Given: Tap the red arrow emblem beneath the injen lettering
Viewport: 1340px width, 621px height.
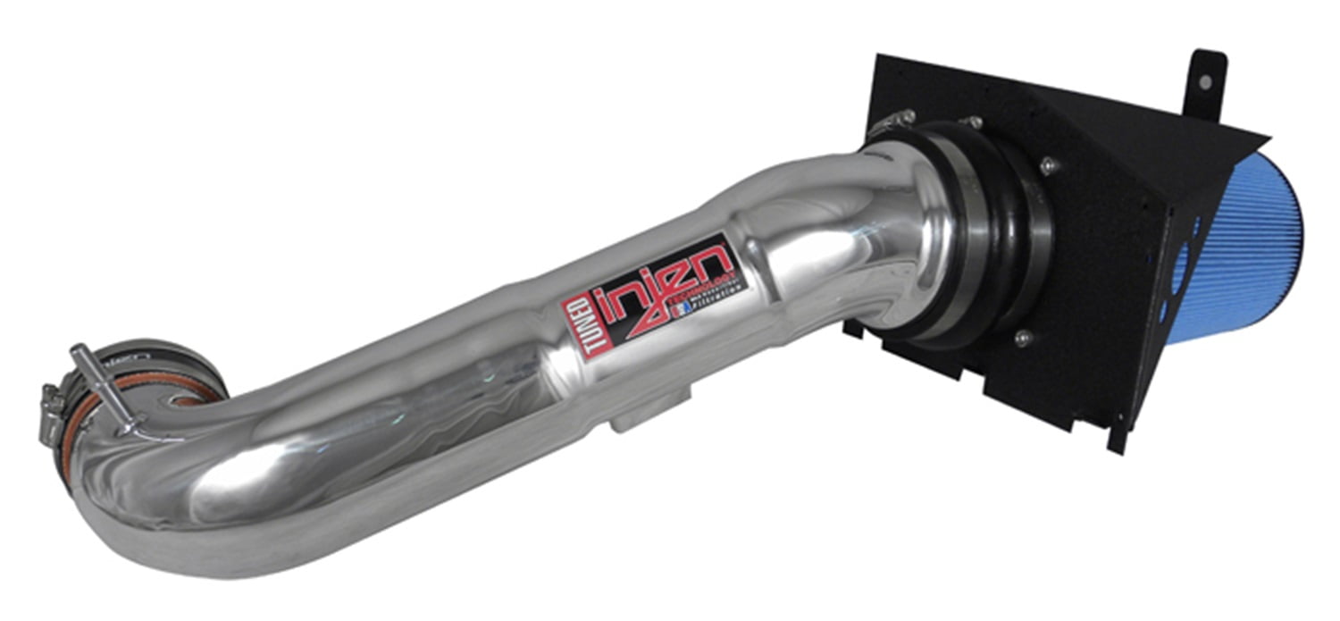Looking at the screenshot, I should (x=658, y=308).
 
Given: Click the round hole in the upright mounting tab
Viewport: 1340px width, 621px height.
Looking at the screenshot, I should (x=1205, y=81).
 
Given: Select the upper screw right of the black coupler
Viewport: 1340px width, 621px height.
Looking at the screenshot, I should (x=1046, y=166).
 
